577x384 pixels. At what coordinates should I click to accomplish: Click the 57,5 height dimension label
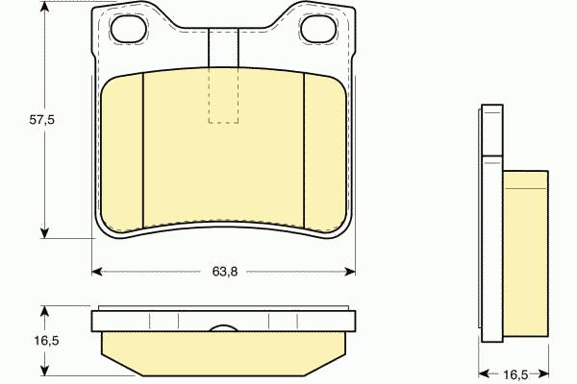(42, 119)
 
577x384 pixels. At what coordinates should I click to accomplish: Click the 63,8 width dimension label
(225, 272)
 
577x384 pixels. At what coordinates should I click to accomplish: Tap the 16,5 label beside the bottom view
(47, 341)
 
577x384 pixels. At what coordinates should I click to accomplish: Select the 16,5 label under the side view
(515, 374)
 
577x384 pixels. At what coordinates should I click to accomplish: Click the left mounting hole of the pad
(129, 28)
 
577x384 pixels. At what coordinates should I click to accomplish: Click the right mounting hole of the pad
(318, 28)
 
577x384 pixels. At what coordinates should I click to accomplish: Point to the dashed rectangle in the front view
(223, 95)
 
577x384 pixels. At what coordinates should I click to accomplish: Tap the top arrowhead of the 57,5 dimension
(44, 7)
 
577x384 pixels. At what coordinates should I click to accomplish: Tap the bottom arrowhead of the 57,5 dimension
(44, 232)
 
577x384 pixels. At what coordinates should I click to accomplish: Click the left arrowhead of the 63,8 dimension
(97, 272)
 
